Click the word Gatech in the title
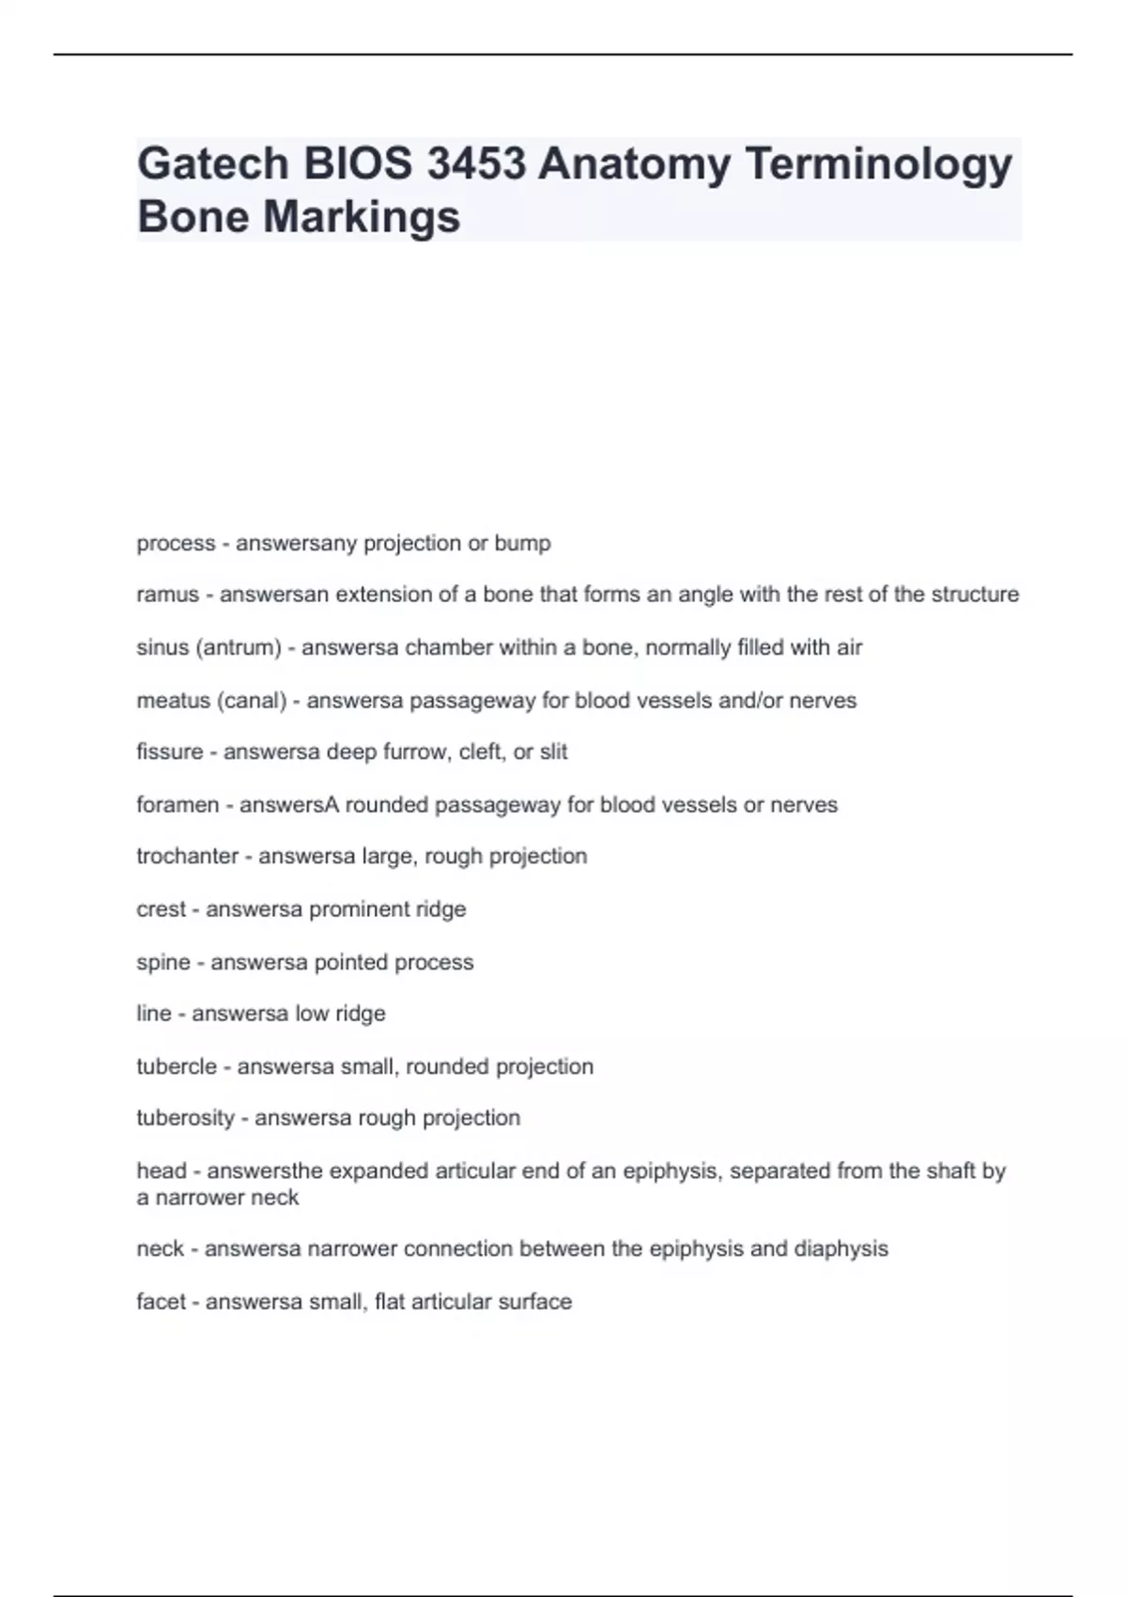click(x=213, y=164)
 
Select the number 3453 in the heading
click(x=475, y=164)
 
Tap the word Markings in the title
click(x=362, y=217)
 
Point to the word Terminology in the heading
click(x=878, y=164)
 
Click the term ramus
click(x=168, y=595)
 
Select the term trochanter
click(x=188, y=856)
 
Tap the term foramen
click(x=178, y=804)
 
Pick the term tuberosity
click(x=185, y=1118)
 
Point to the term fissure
click(x=170, y=752)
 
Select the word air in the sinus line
click(x=849, y=647)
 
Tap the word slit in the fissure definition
click(x=553, y=752)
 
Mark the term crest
click(x=162, y=908)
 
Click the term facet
click(x=161, y=1301)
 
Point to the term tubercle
click(x=177, y=1066)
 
